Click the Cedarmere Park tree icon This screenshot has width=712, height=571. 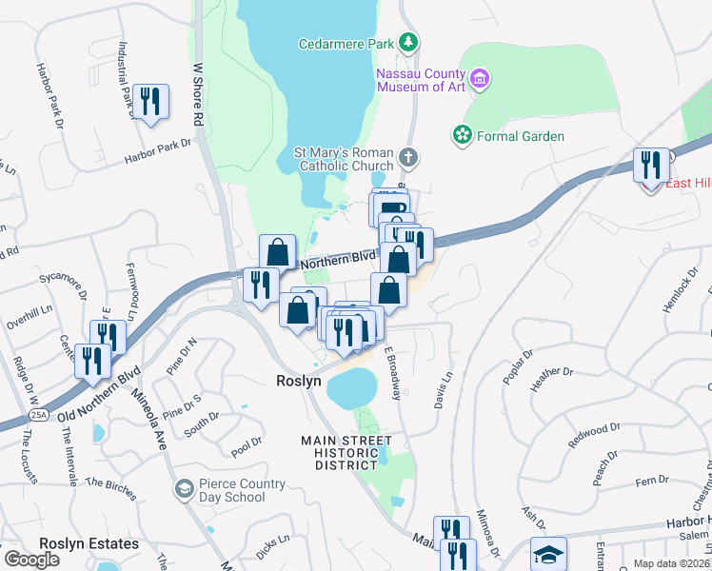[408, 43]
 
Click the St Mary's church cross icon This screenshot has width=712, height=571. [407, 157]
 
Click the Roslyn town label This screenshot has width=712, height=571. [298, 381]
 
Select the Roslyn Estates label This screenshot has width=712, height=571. [89, 544]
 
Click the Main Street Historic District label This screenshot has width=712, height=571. [346, 453]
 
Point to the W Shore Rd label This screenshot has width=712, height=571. [199, 96]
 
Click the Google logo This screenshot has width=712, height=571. [31, 560]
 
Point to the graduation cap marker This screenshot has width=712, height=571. [549, 554]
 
